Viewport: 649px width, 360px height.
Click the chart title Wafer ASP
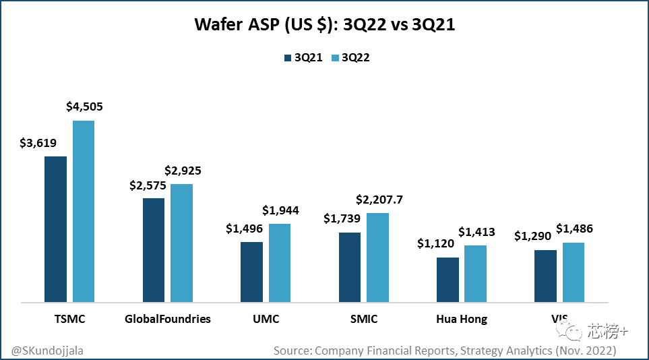[x=324, y=25]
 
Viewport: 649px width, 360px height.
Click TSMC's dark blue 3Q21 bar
[x=55, y=229]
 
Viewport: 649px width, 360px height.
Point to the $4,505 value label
[x=84, y=107]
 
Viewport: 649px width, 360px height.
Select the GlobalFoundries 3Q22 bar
[x=181, y=243]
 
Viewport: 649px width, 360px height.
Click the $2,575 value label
[x=148, y=185]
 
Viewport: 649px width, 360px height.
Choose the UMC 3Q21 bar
[x=252, y=271]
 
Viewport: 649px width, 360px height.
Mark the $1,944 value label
[x=280, y=210]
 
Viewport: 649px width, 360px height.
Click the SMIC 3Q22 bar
[x=377, y=257]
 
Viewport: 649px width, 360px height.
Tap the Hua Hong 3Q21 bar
[x=447, y=279]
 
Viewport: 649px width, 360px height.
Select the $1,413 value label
[x=476, y=232]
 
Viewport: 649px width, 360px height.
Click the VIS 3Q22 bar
[x=573, y=272]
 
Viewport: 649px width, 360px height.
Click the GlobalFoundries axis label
[x=168, y=319]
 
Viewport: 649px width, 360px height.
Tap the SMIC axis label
[x=363, y=319]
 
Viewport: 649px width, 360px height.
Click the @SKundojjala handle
[x=49, y=351]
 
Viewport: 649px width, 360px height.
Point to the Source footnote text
[x=444, y=351]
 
